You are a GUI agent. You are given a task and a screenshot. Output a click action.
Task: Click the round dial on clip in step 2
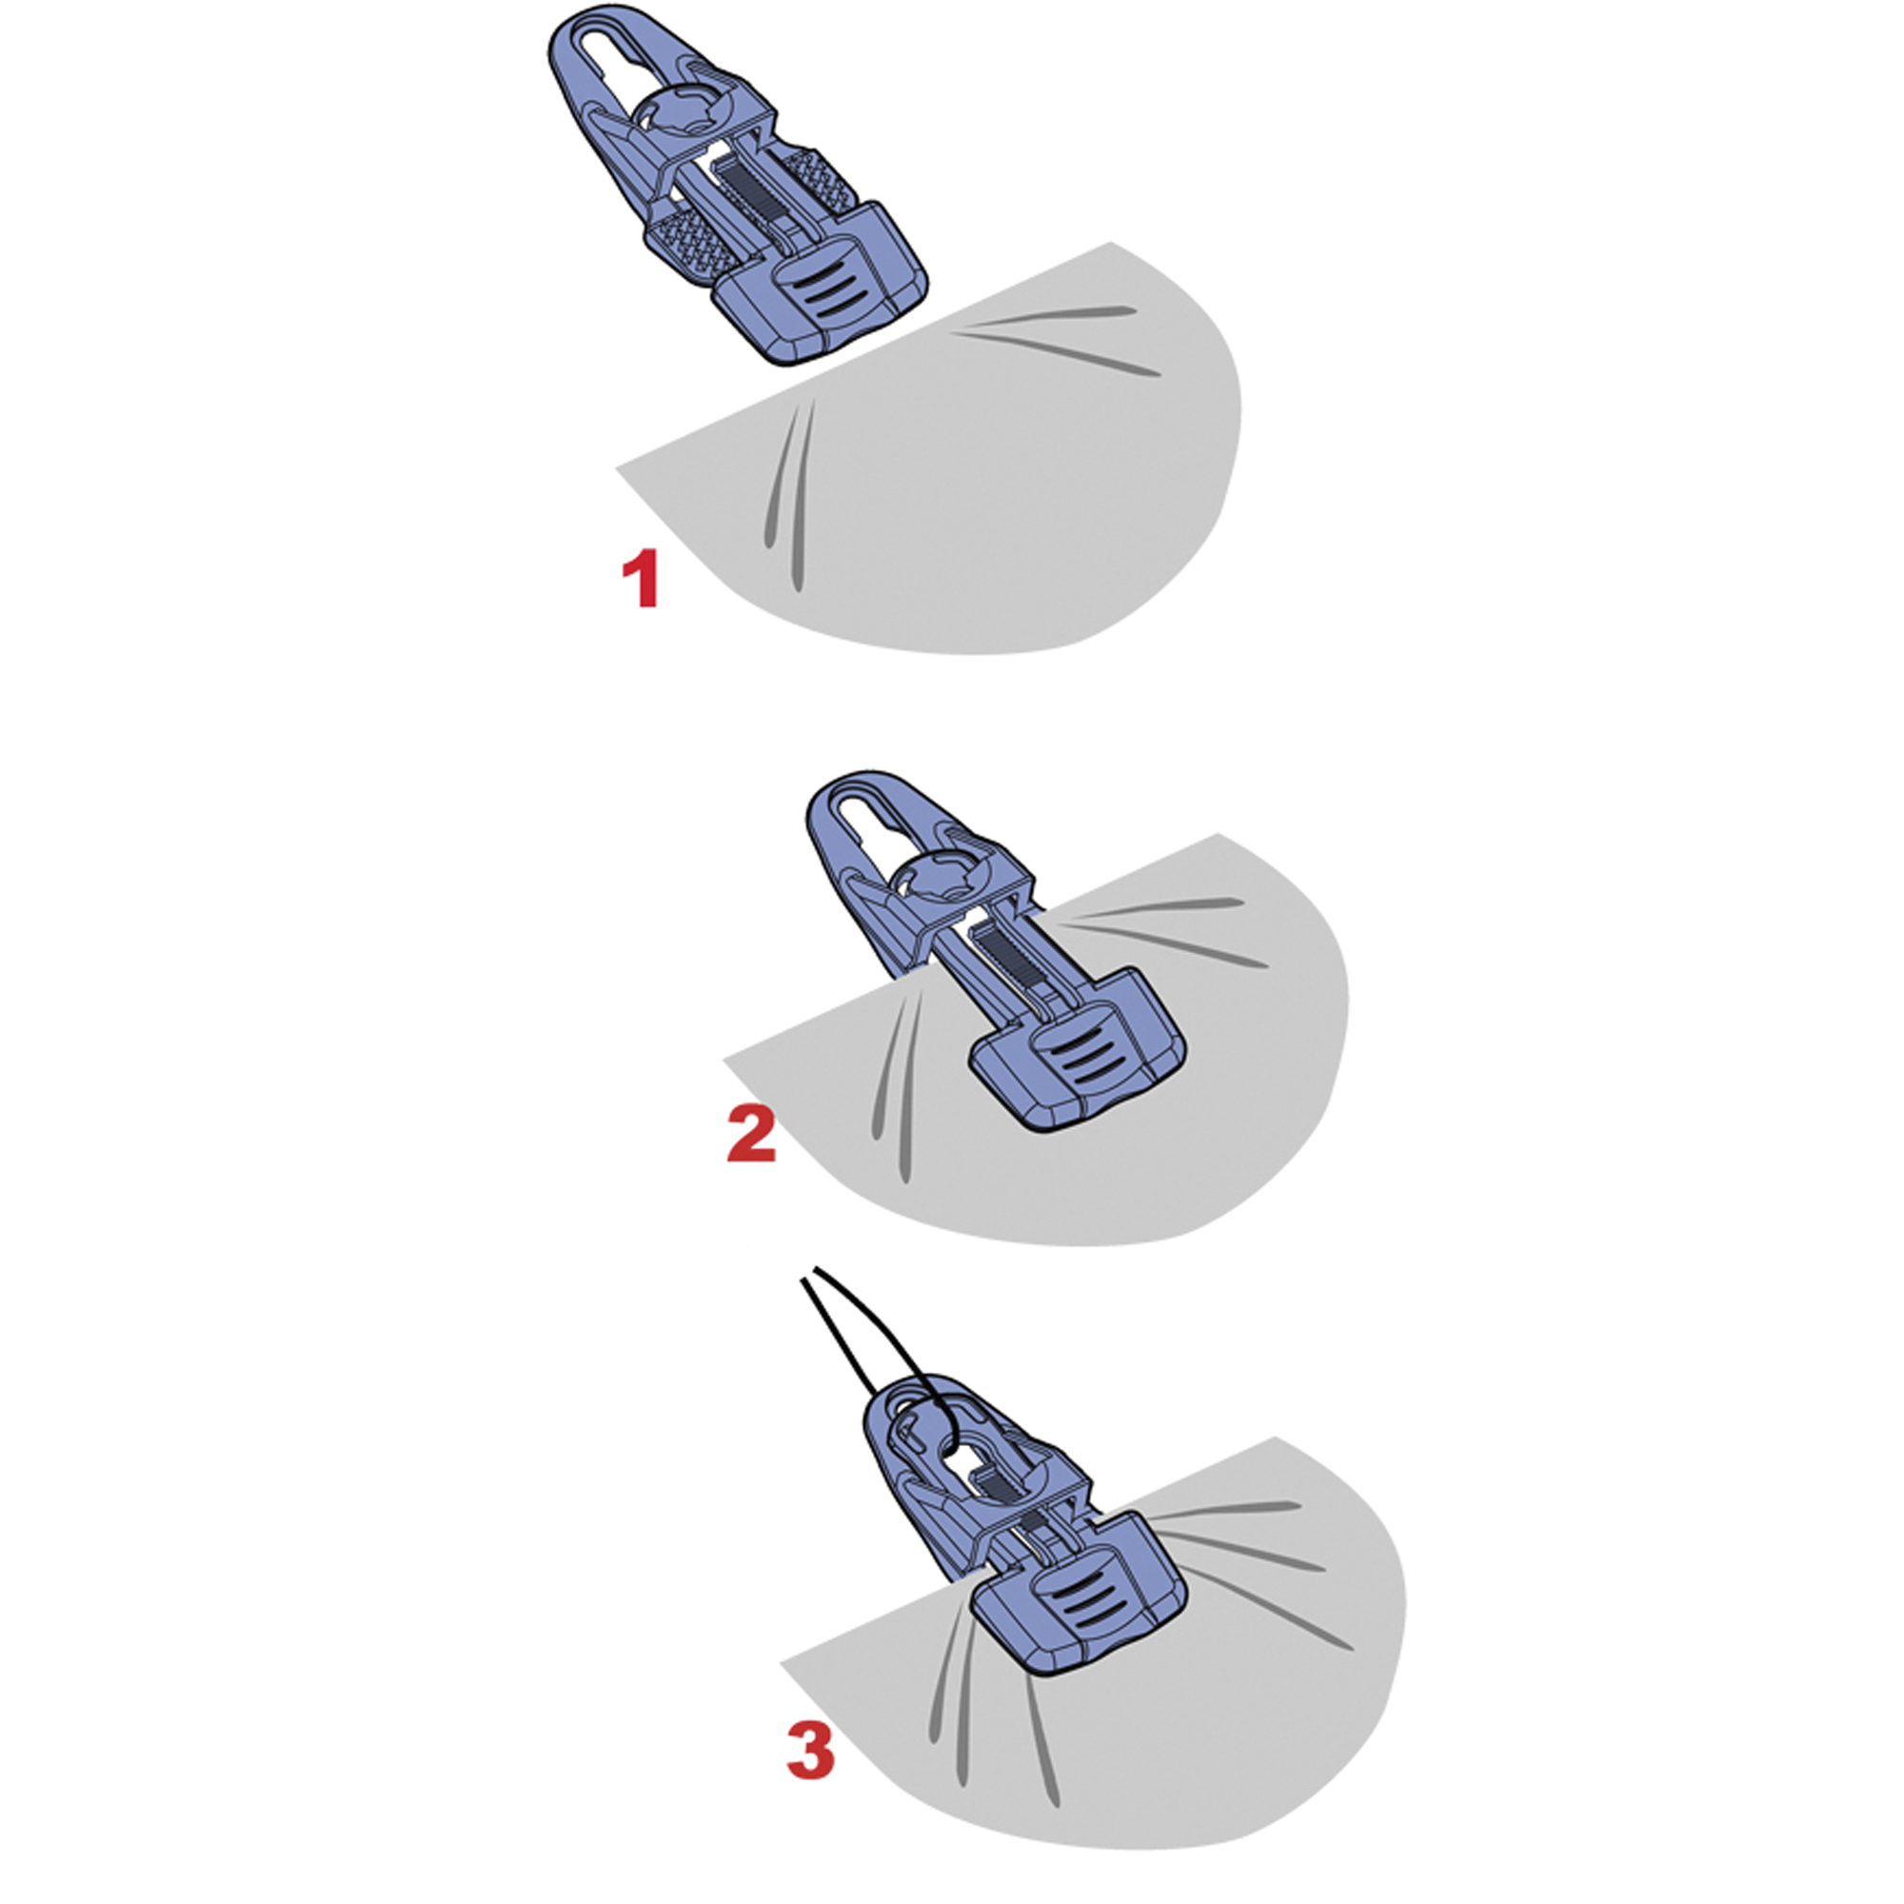[941, 879]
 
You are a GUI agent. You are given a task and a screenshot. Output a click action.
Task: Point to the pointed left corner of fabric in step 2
[727, 1060]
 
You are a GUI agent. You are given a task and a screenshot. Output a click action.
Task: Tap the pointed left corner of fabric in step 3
[784, 1663]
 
